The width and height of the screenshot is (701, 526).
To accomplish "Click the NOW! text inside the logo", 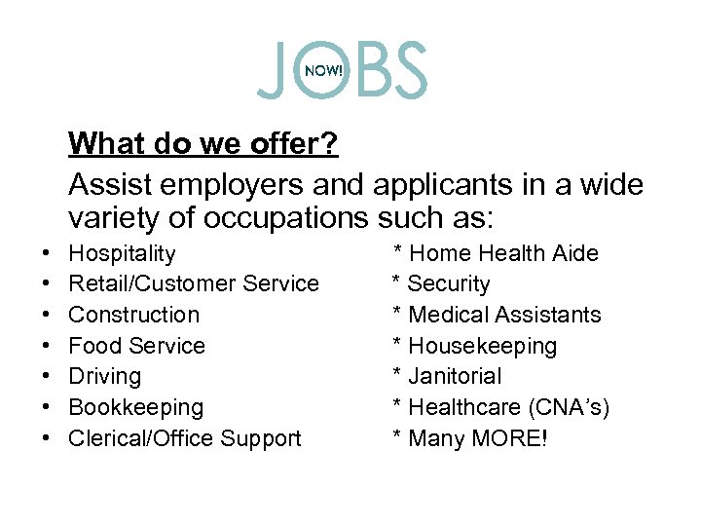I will pos(324,70).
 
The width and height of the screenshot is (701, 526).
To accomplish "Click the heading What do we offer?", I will pos(203,144).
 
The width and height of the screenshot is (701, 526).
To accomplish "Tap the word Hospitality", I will pos(123,253).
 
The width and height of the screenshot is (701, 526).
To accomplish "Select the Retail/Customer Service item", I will pos(194,283).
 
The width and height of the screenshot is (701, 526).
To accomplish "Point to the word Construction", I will pos(134,315).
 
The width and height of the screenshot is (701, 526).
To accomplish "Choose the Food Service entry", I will pos(137,346).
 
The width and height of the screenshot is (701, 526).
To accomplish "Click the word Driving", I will pos(105,376).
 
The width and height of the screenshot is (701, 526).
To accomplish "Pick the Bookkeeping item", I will pos(136,407).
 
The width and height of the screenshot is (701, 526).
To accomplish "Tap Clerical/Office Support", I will pos(185,438).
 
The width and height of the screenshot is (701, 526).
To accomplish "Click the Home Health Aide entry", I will pos(504,253).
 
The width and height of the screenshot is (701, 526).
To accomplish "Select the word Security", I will pos(449,283).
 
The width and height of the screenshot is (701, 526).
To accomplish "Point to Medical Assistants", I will pos(505,315).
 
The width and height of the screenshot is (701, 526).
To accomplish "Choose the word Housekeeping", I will pos(483,346).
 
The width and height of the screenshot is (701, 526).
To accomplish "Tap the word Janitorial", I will pos(456,376).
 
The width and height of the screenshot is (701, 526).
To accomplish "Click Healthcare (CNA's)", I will pos(509,407).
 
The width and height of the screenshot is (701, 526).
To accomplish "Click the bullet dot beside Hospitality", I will pos(48,254).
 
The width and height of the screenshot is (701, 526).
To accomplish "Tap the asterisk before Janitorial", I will pos(397,377).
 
